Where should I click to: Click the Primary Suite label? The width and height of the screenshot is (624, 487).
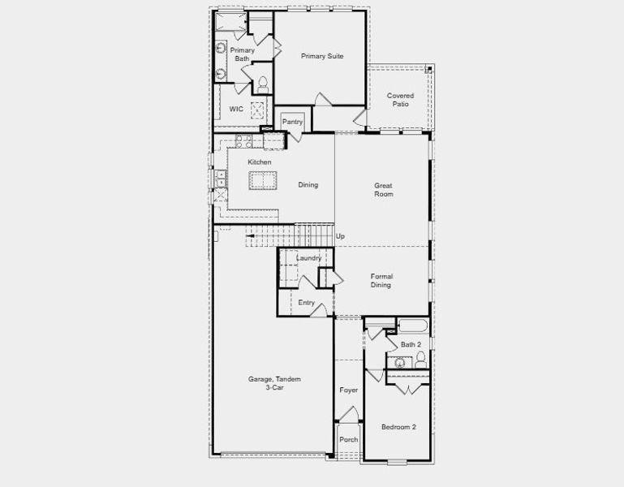click(x=322, y=56)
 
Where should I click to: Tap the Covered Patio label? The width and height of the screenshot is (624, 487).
click(x=400, y=100)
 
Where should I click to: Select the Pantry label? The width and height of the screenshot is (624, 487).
click(x=292, y=122)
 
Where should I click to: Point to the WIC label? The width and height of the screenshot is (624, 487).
click(x=236, y=109)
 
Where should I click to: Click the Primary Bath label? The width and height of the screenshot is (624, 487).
click(x=242, y=54)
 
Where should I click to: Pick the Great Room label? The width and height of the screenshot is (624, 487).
click(x=383, y=189)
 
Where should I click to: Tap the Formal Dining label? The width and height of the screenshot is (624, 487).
click(x=381, y=280)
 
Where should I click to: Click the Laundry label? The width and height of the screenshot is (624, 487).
click(x=308, y=258)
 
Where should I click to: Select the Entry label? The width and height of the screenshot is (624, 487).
click(x=306, y=303)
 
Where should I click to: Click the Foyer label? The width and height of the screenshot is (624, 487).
click(x=349, y=390)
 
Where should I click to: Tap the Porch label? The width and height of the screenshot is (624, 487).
click(x=349, y=440)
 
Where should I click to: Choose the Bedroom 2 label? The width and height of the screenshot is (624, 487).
click(x=398, y=427)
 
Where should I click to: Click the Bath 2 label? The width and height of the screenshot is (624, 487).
click(x=411, y=345)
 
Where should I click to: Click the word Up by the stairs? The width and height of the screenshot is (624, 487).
click(x=341, y=236)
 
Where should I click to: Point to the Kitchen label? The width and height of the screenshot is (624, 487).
click(x=260, y=162)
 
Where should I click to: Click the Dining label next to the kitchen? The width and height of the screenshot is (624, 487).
click(x=308, y=185)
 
